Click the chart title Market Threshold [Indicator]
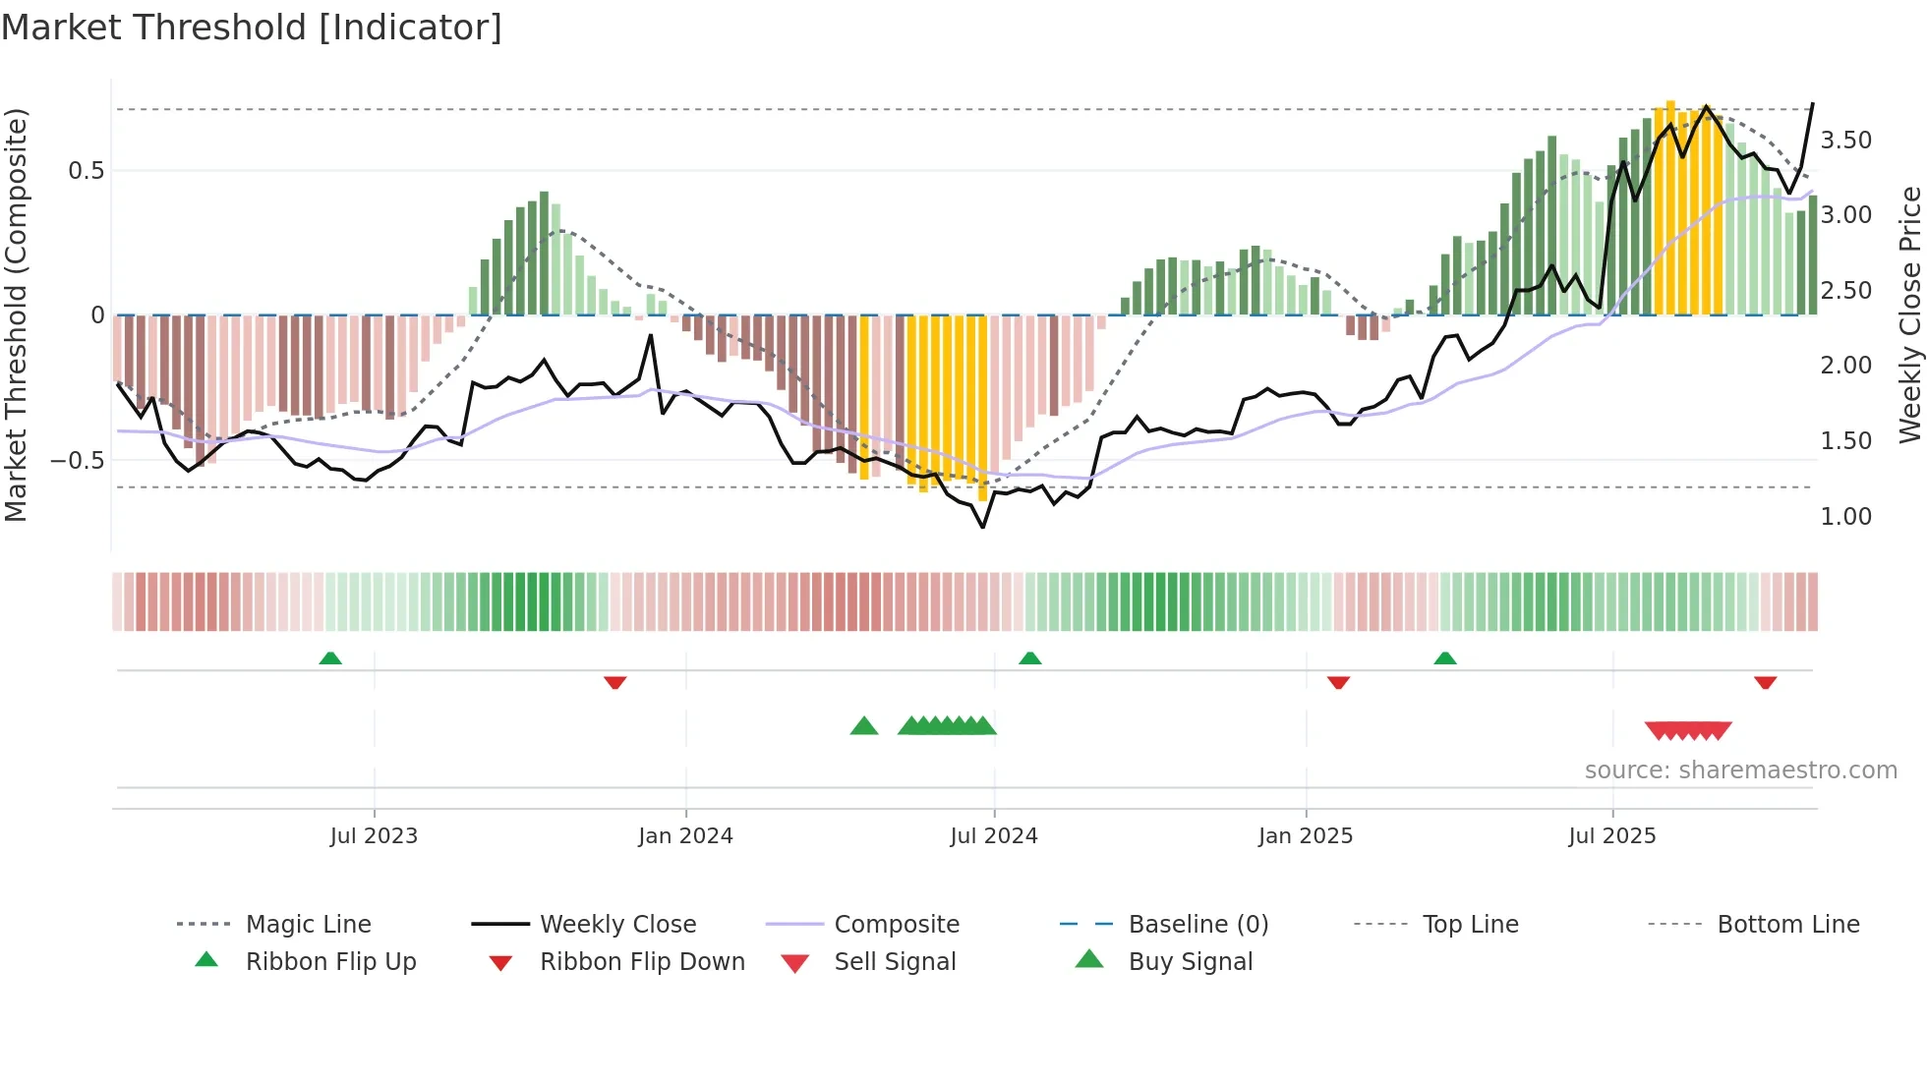(252, 28)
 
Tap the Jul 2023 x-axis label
(374, 836)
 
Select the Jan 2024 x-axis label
(685, 836)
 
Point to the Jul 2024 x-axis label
(994, 836)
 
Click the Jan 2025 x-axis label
(1306, 836)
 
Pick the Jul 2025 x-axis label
(1612, 836)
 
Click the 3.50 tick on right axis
(1845, 141)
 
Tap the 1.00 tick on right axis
(1845, 517)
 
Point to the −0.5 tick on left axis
(77, 461)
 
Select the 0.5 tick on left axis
(86, 171)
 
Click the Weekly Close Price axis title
(1909, 314)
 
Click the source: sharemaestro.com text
(1740, 770)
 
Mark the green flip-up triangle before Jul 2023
(330, 658)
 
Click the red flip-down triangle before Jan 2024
(615, 682)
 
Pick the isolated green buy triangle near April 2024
(863, 726)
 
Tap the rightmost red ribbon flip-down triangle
(1765, 682)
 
